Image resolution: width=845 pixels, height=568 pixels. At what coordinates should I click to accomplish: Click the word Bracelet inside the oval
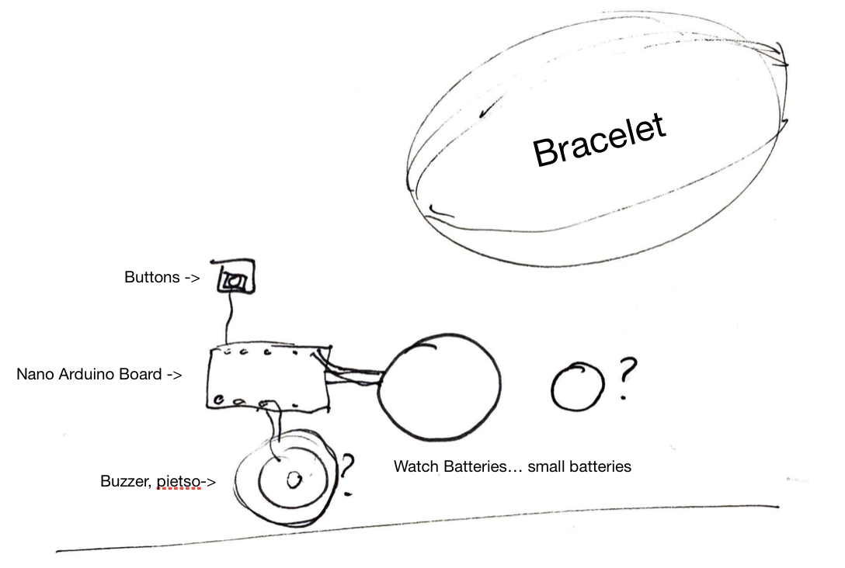click(x=600, y=141)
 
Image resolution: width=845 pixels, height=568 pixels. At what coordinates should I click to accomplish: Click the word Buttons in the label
click(x=152, y=277)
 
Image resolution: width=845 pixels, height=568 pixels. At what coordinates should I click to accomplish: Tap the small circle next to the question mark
click(x=579, y=386)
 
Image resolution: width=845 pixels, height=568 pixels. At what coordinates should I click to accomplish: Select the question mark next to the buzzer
click(x=347, y=473)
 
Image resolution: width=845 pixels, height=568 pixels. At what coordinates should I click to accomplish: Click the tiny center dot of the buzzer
click(x=293, y=481)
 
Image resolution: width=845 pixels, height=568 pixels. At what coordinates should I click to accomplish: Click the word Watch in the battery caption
click(x=416, y=466)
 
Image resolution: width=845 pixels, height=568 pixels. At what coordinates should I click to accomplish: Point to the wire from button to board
click(x=228, y=318)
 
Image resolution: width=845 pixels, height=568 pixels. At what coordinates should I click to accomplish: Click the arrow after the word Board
click(x=174, y=374)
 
